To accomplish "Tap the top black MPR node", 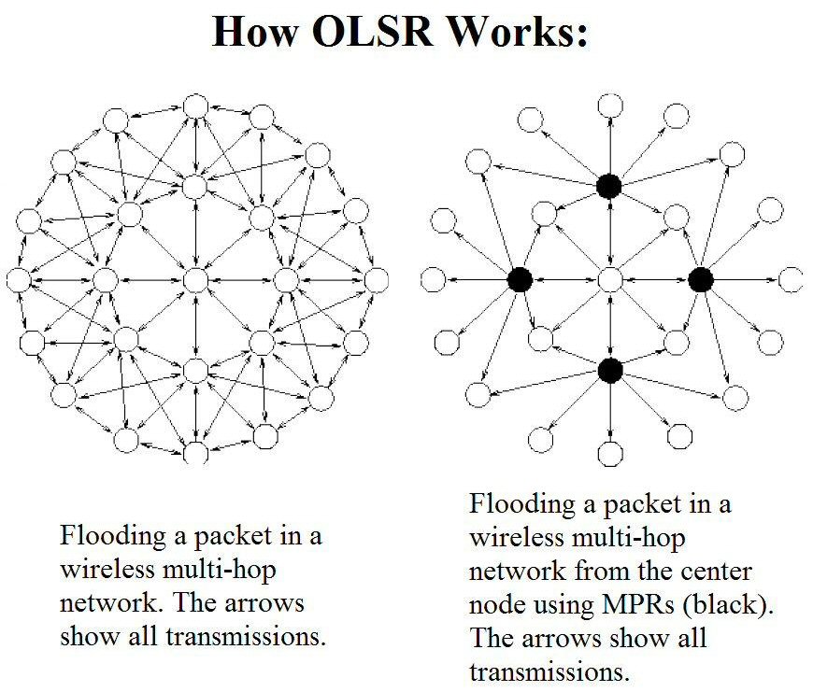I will pyautogui.click(x=609, y=187).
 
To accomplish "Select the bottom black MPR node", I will pyautogui.click(x=609, y=371).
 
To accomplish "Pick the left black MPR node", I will pyautogui.click(x=520, y=279).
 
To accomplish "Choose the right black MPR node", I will pyautogui.click(x=700, y=279).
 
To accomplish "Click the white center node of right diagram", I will pyautogui.click(x=609, y=279).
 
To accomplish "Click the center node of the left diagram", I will pyautogui.click(x=195, y=279).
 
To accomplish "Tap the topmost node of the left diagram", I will pyautogui.click(x=195, y=106).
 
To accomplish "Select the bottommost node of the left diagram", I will pyautogui.click(x=195, y=453).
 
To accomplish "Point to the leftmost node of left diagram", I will pyautogui.click(x=19, y=279).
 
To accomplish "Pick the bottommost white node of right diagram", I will pyautogui.click(x=609, y=455).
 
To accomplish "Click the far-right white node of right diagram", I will pyautogui.click(x=791, y=279).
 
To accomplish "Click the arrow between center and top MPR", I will pyautogui.click(x=609, y=233).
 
